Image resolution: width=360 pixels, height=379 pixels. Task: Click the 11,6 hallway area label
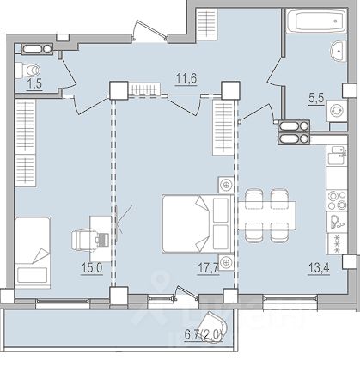(x=186, y=78)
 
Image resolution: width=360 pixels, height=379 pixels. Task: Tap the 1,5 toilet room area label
(x=34, y=84)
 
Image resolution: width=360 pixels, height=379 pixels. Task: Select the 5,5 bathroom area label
(x=316, y=99)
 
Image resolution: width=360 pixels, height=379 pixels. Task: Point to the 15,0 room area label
(x=92, y=268)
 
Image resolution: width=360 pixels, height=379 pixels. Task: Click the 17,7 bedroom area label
(x=208, y=268)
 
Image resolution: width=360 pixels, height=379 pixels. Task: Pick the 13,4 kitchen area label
(x=319, y=268)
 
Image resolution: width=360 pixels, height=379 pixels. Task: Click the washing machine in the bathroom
(x=337, y=111)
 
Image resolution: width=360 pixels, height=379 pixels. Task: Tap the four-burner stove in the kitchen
(x=337, y=200)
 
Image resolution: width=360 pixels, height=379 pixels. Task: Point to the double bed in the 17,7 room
(x=198, y=223)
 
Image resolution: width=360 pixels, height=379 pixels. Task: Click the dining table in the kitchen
(x=266, y=216)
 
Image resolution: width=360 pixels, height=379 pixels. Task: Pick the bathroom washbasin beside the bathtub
(x=339, y=51)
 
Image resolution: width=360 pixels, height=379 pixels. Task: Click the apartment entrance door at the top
(x=150, y=31)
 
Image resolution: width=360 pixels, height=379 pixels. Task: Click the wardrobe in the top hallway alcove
(x=206, y=24)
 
